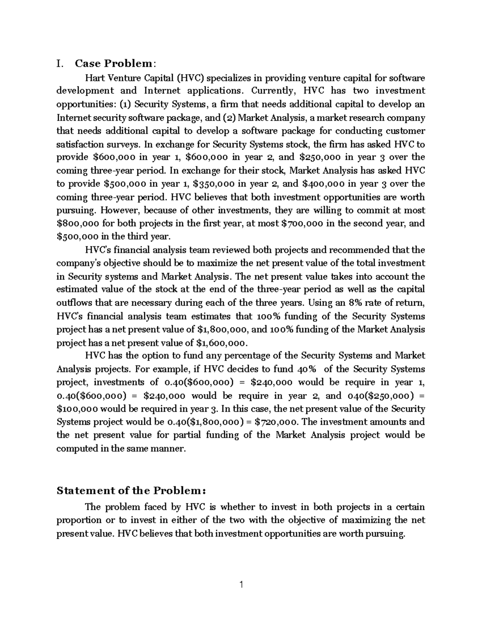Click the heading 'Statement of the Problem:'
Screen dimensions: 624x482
(131, 491)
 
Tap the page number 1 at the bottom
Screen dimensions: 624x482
(241, 585)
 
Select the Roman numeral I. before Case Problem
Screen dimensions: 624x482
(60, 63)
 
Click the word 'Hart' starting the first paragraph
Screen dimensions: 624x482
(95, 78)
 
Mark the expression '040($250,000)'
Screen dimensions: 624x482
(379, 395)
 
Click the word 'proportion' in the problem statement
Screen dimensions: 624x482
(79, 520)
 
